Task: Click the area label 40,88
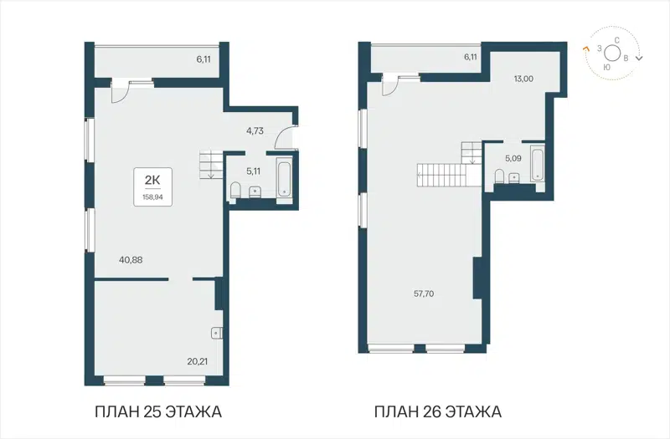pyautogui.click(x=131, y=259)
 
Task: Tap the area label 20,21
pyautogui.click(x=198, y=362)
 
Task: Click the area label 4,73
pyautogui.click(x=256, y=130)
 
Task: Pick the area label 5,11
pyautogui.click(x=253, y=171)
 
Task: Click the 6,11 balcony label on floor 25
pyautogui.click(x=204, y=59)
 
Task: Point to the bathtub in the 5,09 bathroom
pyautogui.click(x=536, y=164)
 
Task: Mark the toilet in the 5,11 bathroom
pyautogui.click(x=235, y=192)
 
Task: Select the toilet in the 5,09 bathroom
pyautogui.click(x=500, y=175)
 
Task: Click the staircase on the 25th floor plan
pyautogui.click(x=209, y=164)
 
